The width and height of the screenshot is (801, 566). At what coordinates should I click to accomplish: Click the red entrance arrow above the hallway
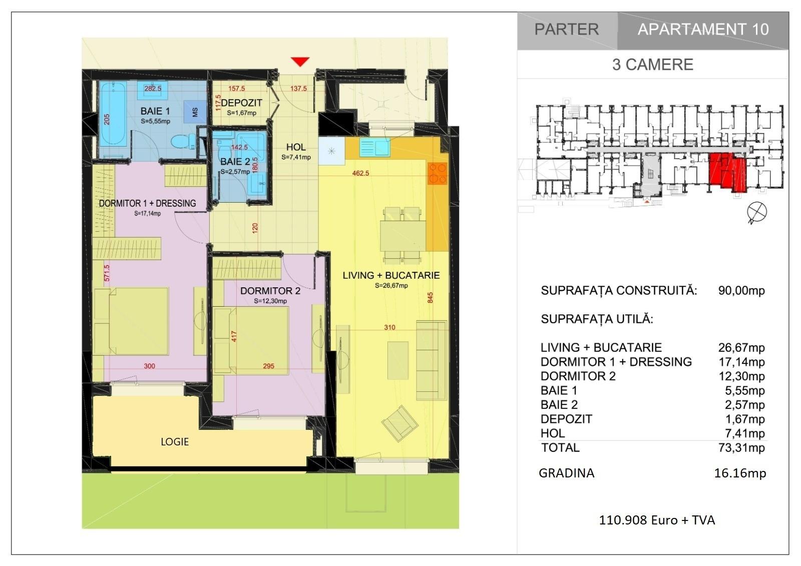[300, 62]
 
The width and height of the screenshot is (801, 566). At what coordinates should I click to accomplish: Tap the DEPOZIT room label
[241, 103]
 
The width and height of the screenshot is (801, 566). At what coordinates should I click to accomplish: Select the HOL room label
[296, 147]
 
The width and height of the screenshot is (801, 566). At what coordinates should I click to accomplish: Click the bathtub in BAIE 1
[113, 114]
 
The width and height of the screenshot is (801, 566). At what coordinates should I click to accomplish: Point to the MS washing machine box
[195, 112]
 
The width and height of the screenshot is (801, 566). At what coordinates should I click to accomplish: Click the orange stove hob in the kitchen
[438, 173]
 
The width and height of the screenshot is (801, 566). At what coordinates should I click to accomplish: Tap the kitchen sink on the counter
[374, 147]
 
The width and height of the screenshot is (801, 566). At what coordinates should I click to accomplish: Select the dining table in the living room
[403, 236]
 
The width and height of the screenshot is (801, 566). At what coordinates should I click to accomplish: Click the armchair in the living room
[399, 424]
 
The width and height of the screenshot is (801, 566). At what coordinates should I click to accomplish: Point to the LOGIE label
[175, 442]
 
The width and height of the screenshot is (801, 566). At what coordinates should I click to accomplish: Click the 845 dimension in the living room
[430, 297]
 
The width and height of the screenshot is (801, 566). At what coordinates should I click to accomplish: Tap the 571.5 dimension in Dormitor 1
[107, 273]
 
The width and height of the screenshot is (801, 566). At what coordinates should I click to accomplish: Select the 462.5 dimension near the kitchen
[360, 174]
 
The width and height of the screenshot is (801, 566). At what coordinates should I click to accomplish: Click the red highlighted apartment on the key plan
[728, 172]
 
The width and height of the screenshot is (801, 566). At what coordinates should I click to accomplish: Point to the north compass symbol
[756, 212]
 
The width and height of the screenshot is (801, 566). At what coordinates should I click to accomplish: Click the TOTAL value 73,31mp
[741, 448]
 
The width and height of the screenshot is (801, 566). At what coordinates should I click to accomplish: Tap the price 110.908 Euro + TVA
[657, 520]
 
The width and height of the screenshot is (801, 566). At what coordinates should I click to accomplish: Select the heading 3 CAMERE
[653, 65]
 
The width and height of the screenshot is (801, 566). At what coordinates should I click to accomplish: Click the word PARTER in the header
[566, 30]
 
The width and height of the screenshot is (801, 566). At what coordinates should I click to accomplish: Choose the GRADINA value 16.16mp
[740, 473]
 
